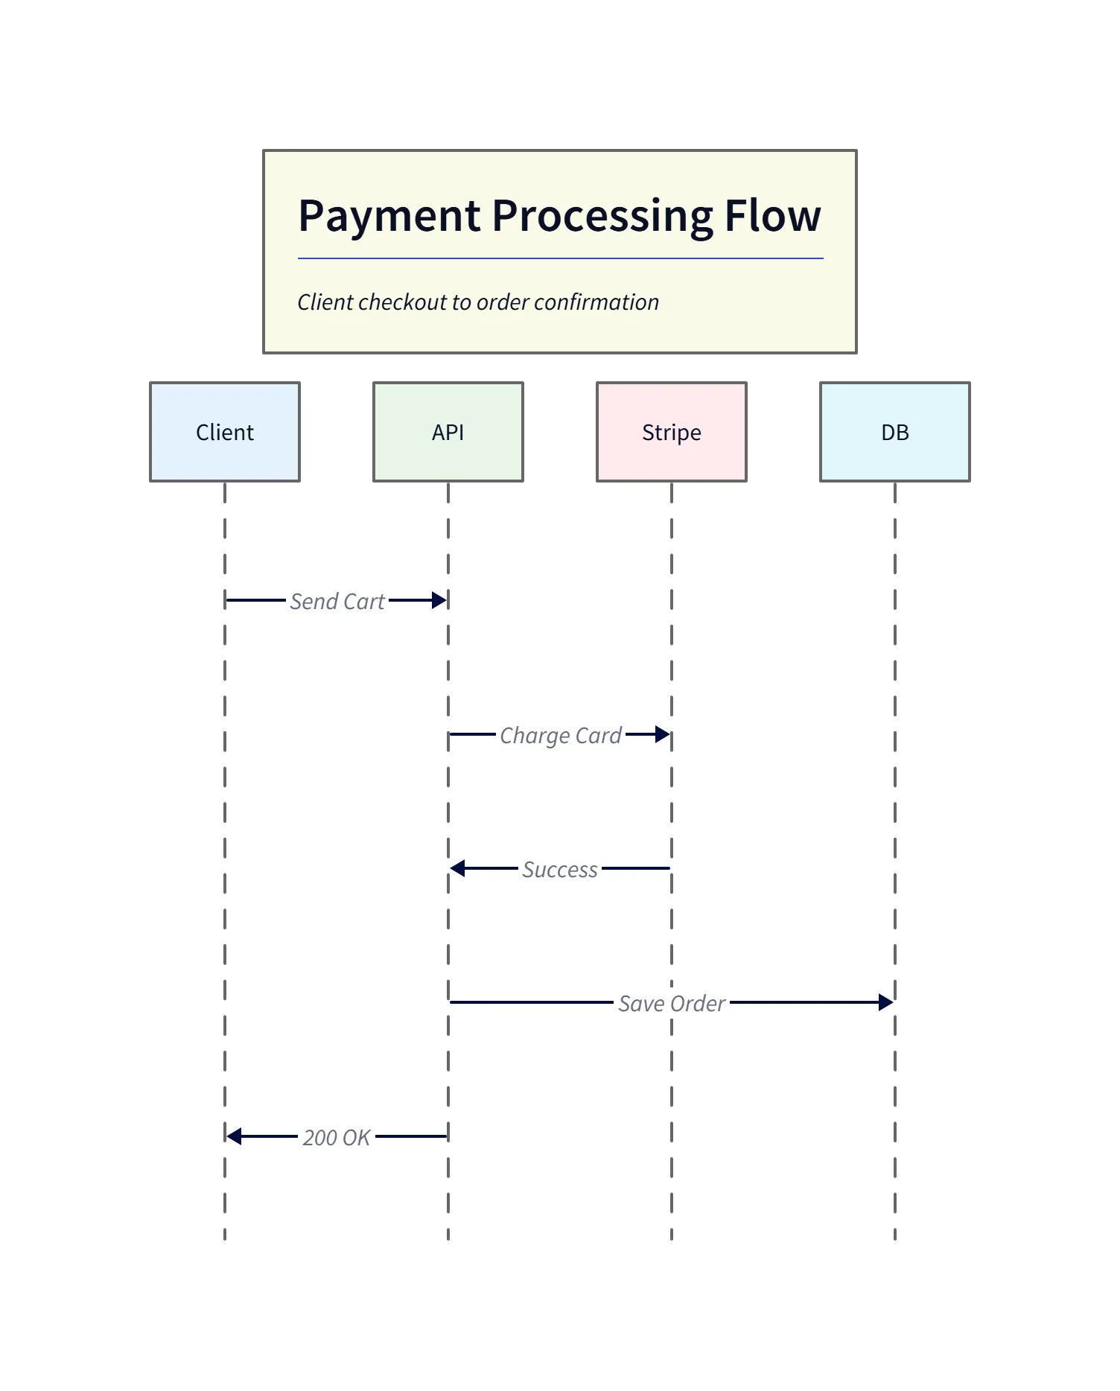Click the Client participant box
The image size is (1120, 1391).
224,432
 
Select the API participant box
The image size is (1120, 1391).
448,432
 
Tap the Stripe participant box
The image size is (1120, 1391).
671,432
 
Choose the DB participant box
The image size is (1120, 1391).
894,432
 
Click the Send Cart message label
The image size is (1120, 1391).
337,601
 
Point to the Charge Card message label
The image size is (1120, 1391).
560,735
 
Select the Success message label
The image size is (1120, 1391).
559,869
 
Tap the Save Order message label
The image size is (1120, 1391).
671,1003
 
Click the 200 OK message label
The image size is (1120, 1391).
336,1137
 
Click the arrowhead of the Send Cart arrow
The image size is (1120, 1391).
439,600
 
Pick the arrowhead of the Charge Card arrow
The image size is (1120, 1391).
662,734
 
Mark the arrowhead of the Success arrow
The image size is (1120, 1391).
458,868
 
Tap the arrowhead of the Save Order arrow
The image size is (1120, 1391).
885,1002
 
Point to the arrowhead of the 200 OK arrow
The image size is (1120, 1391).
235,1136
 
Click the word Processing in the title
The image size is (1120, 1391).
602,216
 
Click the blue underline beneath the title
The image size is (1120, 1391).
560,258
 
